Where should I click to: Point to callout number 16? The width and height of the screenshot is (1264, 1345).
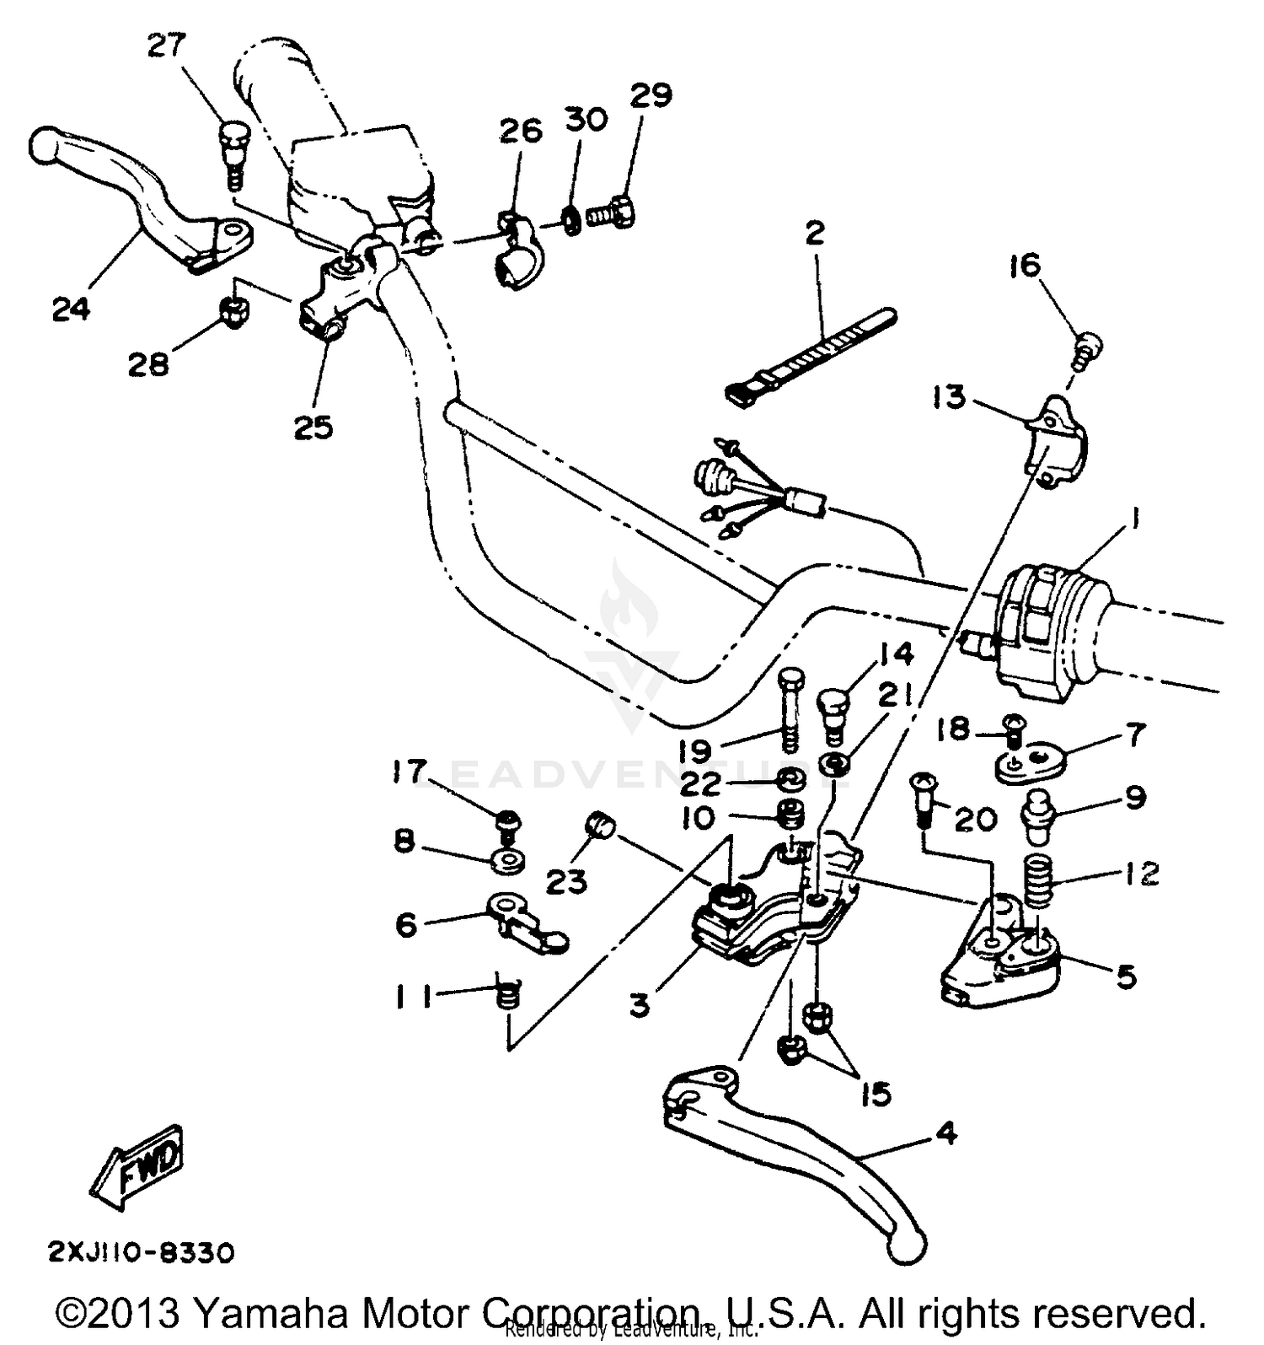point(1026,266)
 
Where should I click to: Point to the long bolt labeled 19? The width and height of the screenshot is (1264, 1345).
point(790,711)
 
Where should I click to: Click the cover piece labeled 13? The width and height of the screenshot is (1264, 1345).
point(1055,443)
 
